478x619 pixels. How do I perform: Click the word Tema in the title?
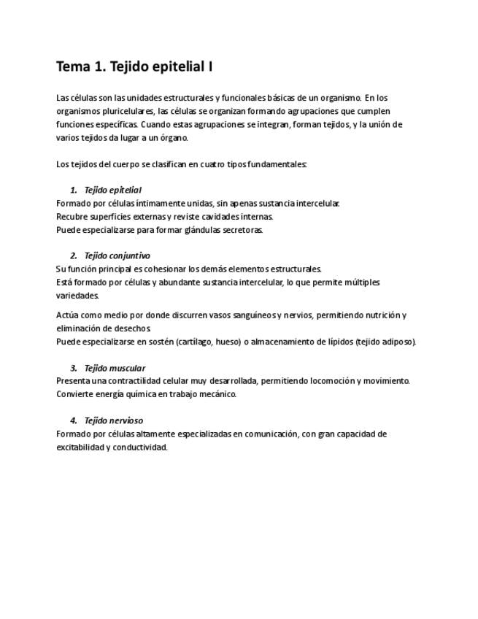point(73,67)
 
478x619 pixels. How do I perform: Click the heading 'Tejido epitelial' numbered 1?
point(112,190)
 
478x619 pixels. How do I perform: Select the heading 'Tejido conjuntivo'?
point(117,255)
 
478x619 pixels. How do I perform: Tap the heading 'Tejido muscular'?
point(115,368)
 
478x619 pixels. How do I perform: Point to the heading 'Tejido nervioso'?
point(113,420)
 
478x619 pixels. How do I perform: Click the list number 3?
point(74,368)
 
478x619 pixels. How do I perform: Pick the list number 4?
point(74,420)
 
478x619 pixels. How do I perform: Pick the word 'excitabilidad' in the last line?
point(80,447)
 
